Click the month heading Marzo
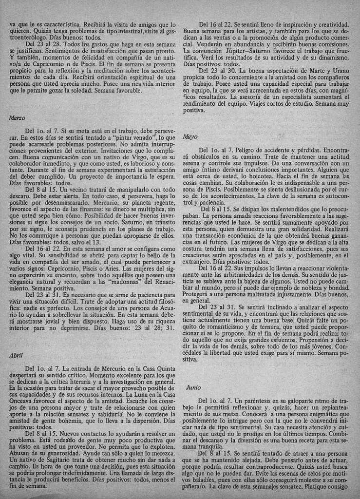tap(17, 118)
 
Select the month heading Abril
tap(16, 356)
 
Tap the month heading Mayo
tap(190, 137)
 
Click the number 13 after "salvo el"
tap(96, 242)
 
